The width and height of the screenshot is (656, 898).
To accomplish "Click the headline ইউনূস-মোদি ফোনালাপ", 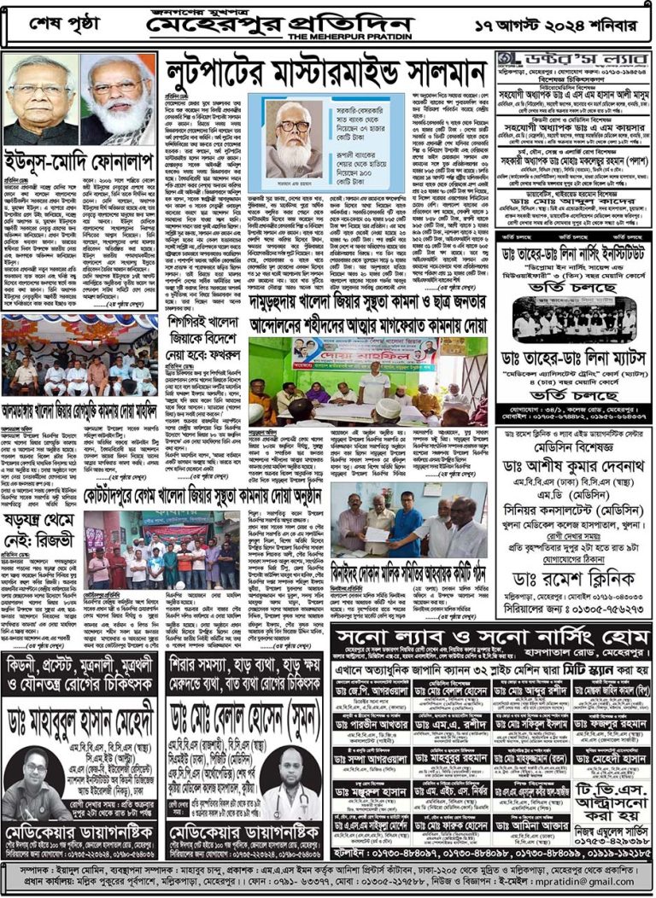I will point(76,159).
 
